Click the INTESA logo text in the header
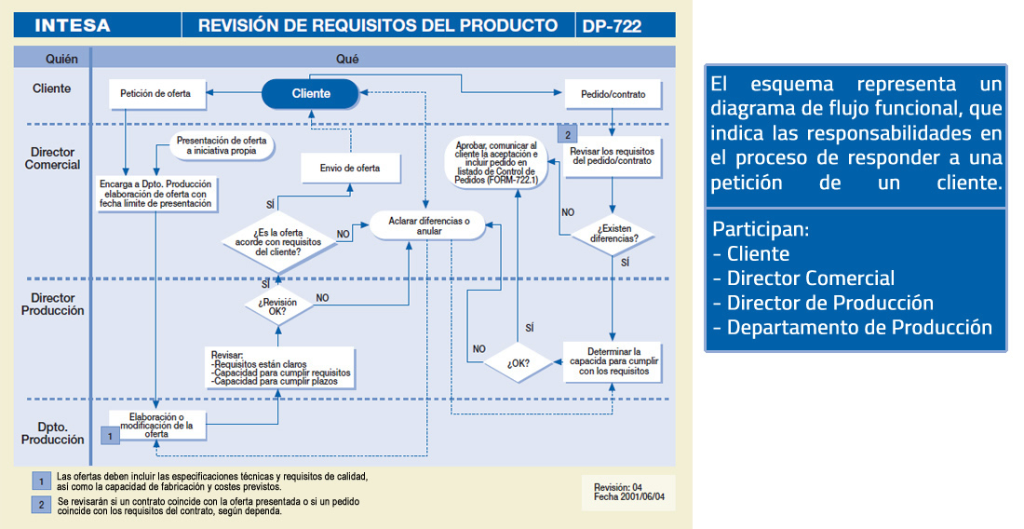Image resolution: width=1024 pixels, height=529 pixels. point(73,26)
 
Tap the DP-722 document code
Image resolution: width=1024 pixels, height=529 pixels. point(612,26)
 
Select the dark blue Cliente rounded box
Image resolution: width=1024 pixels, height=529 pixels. point(311,93)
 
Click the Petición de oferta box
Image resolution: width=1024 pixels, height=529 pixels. point(156,93)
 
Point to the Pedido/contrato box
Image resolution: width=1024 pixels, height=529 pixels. point(613,94)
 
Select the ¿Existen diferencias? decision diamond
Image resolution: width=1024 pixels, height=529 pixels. point(613,233)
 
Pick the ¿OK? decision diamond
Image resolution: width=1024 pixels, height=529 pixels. point(519,362)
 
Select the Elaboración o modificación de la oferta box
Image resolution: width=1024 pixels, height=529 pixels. point(156,425)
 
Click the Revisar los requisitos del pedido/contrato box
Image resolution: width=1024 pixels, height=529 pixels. point(613,156)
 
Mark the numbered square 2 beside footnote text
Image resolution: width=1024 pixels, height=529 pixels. point(41,505)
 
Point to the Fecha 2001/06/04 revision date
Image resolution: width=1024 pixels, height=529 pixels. point(630,497)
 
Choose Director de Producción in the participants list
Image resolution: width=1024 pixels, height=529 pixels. point(829,303)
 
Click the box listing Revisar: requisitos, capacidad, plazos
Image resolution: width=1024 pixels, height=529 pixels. point(279,368)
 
